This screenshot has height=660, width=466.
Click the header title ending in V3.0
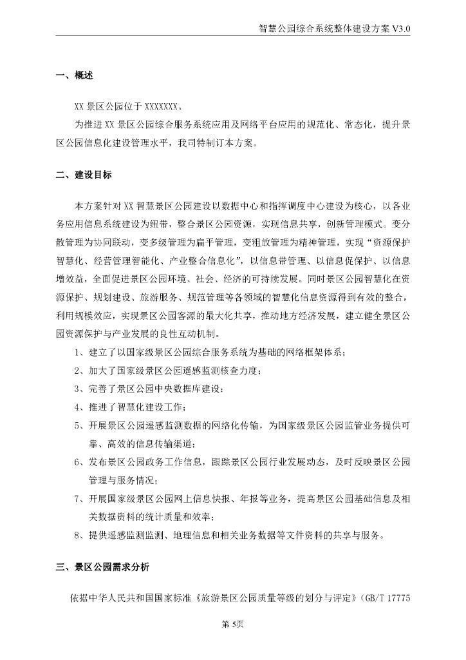pyautogui.click(x=333, y=29)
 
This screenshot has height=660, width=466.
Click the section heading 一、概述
pyautogui.click(x=75, y=76)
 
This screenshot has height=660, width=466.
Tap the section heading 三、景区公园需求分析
pyautogui.click(x=102, y=568)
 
